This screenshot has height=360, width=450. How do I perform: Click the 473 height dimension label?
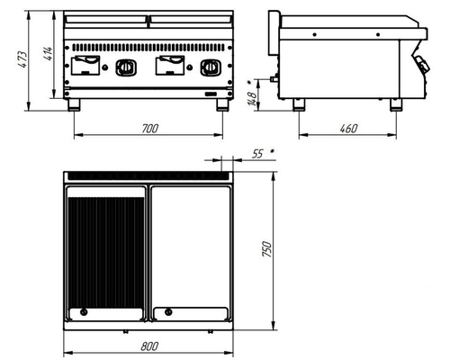[22, 60]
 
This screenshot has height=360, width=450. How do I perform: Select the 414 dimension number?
[49, 53]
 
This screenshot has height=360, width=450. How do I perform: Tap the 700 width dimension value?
[149, 129]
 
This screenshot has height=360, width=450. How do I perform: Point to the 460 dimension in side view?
[348, 129]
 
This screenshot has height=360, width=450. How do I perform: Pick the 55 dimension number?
[257, 154]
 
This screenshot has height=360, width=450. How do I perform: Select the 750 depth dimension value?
[266, 248]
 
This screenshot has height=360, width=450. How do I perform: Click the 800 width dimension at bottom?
[149, 346]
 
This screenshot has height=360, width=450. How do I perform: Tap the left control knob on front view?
[126, 67]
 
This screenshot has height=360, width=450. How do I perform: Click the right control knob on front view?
[211, 67]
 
